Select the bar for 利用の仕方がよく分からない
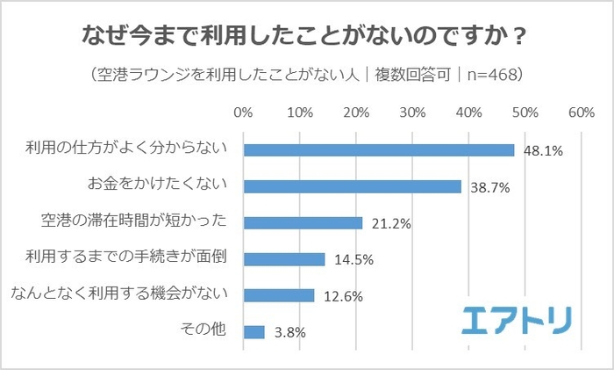[378, 150]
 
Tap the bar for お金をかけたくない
[352, 186]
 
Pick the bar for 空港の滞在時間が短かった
[303, 222]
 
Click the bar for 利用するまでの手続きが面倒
[284, 259]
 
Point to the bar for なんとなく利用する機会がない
[278, 295]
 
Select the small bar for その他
[253, 331]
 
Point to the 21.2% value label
[388, 224]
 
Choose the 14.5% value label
[351, 260]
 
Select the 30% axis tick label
[412, 113]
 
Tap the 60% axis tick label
[581, 113]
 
